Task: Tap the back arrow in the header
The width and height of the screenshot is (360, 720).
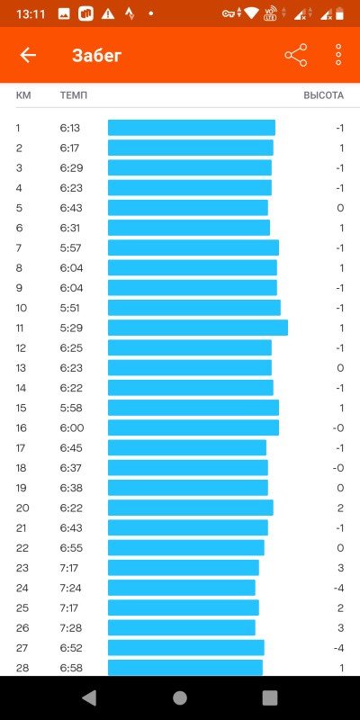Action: (28, 56)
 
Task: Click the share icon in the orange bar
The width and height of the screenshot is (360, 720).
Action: (296, 56)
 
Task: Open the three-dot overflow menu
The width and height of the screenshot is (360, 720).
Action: (338, 56)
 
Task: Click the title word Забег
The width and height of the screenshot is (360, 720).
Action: (97, 56)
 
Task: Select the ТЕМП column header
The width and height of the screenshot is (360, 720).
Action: (74, 95)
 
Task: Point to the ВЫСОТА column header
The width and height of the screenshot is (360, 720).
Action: (323, 95)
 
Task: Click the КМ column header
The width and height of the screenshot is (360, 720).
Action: (23, 95)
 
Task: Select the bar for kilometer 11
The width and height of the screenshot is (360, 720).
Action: (198, 328)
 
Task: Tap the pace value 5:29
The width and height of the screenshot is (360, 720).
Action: (71, 328)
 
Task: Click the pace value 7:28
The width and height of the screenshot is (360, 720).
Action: (71, 627)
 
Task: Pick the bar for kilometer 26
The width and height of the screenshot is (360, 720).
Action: (182, 627)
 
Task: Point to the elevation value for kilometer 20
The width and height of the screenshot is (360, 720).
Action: (340, 508)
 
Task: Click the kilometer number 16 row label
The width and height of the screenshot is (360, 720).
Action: (21, 428)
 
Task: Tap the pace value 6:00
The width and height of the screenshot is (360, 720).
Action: (72, 428)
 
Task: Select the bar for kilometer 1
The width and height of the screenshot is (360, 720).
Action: (192, 128)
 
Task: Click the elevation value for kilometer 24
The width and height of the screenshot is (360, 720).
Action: (338, 588)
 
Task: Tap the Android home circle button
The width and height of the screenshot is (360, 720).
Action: (180, 698)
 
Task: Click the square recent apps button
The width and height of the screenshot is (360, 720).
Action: (270, 698)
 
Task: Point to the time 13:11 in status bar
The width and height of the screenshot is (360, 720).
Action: (31, 14)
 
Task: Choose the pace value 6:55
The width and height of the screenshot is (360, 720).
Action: (72, 548)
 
